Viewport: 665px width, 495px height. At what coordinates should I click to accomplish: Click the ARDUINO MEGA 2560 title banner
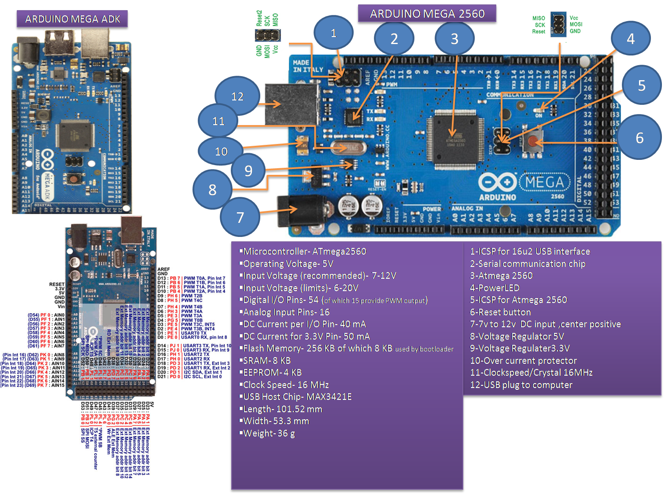(x=427, y=14)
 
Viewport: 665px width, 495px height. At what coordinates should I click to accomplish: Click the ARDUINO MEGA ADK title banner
(x=73, y=19)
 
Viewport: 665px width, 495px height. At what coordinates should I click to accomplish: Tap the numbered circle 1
(x=333, y=33)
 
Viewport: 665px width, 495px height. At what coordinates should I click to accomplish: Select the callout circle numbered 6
(x=639, y=138)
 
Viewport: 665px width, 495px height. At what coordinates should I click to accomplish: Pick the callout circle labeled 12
(x=237, y=96)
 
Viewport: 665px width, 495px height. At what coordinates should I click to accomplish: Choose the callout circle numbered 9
(x=248, y=170)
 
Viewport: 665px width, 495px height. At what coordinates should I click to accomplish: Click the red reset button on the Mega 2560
(x=533, y=142)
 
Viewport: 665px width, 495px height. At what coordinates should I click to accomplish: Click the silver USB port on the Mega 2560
(x=292, y=104)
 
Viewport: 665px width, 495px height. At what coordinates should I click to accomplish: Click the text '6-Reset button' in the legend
(x=500, y=312)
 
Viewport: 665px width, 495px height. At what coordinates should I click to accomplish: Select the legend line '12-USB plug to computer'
(x=521, y=385)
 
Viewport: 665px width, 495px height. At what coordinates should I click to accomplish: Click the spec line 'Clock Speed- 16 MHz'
(x=286, y=385)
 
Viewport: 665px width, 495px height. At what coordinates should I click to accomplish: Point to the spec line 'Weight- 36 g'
(x=269, y=433)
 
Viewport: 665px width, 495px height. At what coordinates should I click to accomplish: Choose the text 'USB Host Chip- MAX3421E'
(x=297, y=397)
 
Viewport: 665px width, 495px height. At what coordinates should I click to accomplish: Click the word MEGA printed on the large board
(x=544, y=182)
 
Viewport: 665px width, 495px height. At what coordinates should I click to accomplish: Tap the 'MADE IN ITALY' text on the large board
(x=308, y=66)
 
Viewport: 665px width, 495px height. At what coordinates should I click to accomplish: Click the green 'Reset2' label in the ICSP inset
(x=259, y=18)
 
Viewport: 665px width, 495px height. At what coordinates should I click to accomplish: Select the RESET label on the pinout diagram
(x=57, y=284)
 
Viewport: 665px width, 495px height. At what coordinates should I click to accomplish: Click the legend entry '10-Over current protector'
(x=523, y=361)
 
